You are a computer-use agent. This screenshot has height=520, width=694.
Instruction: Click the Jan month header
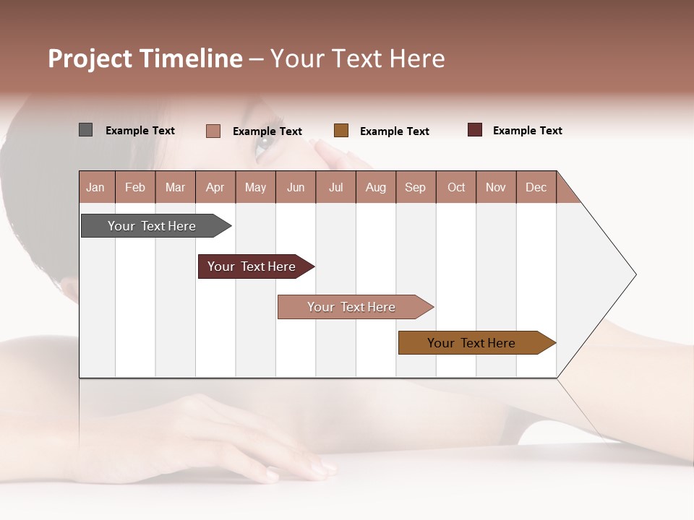click(96, 187)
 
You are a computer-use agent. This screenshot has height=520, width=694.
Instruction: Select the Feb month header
click(135, 187)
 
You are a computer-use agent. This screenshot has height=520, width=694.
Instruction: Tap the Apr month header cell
click(215, 187)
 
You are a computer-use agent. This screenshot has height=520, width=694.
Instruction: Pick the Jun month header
click(296, 187)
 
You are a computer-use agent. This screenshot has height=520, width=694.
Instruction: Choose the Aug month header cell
click(376, 187)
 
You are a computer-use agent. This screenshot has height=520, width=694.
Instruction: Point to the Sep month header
click(416, 187)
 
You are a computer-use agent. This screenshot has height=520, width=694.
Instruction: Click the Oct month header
click(456, 187)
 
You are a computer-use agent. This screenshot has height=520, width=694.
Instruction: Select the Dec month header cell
click(536, 187)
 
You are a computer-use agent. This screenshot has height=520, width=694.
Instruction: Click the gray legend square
click(85, 130)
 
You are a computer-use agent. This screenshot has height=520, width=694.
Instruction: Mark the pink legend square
click(213, 131)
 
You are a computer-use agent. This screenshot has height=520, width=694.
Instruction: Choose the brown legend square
click(341, 131)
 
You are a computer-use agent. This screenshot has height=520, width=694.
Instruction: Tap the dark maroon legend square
click(474, 130)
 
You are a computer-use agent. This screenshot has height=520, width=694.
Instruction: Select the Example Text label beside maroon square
click(527, 131)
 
